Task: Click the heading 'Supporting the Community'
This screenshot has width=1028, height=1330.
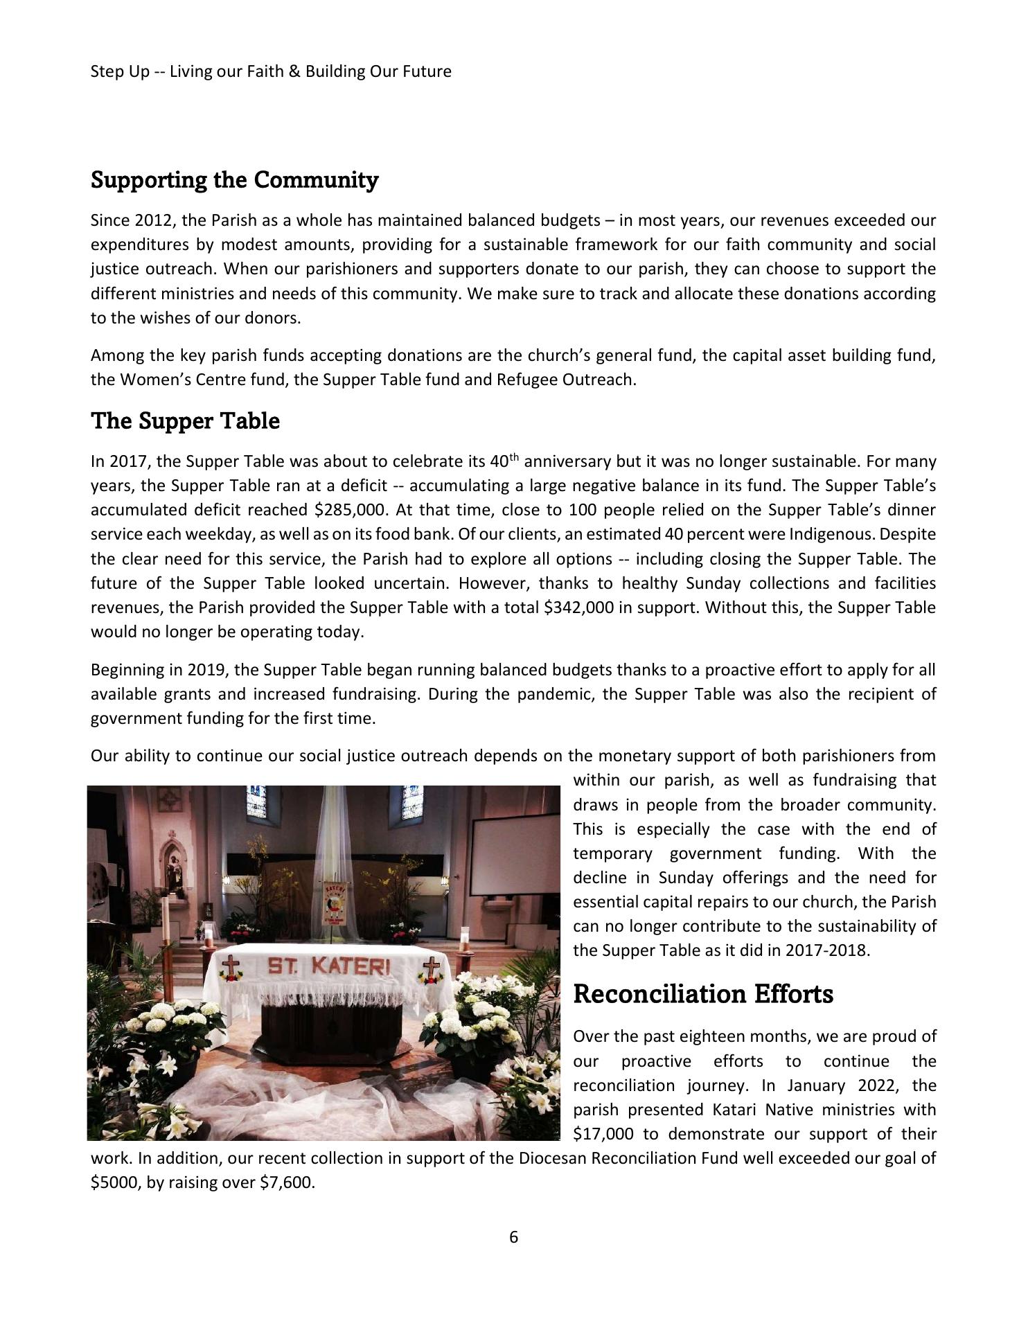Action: tap(234, 180)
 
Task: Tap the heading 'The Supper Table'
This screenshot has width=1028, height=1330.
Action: tap(185, 421)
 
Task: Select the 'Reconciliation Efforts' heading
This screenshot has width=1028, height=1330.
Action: tap(703, 994)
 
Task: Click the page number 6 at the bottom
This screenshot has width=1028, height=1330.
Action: tap(513, 1236)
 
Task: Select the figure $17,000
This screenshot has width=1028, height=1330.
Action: tap(605, 1134)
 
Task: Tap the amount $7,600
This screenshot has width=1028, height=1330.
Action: tap(287, 1182)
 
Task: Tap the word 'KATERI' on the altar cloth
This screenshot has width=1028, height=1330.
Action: tap(352, 966)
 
